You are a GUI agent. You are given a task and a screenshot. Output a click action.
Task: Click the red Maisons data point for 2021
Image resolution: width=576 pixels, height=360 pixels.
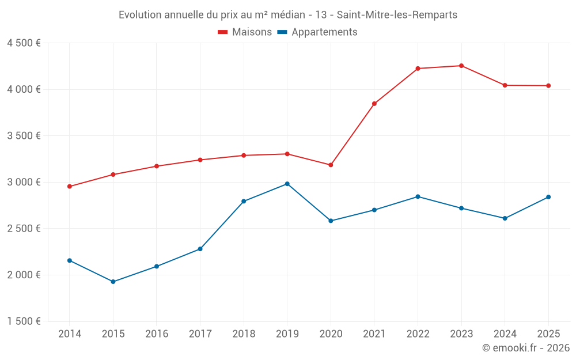coord(374,104)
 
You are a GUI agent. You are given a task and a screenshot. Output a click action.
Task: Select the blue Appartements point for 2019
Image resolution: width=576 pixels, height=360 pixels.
coord(287,184)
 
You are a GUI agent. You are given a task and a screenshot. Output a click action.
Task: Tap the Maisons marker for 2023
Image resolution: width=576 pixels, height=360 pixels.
coord(461,66)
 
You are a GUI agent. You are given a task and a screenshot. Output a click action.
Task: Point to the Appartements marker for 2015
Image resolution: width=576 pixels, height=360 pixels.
coord(113,282)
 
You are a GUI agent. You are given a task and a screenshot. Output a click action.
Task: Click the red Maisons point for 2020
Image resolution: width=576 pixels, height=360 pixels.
coord(331,165)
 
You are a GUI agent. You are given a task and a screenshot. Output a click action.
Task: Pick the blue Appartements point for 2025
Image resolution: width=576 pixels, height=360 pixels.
coord(548,197)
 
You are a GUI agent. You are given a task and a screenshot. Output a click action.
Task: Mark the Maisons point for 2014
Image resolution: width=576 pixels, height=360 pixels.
coord(70,187)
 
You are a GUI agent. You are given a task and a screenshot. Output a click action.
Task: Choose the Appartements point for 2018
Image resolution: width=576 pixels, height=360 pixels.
coord(244,201)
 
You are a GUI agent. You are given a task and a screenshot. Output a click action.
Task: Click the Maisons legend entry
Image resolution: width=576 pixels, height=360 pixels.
coord(245,32)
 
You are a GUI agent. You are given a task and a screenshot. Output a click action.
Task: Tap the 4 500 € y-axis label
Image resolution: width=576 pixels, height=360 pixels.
coord(24,43)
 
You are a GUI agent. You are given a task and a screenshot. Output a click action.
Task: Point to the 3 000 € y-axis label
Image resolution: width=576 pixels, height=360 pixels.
coord(24,182)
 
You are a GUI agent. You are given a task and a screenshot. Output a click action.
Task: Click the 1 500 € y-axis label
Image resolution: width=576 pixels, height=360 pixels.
coord(24,321)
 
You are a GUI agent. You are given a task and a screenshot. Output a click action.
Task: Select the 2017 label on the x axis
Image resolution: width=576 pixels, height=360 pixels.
coord(200,334)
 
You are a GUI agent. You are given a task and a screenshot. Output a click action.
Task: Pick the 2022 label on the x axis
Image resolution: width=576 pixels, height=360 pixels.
coord(418,334)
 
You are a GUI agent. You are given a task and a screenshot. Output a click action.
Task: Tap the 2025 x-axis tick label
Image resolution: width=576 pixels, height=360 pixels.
coord(548,334)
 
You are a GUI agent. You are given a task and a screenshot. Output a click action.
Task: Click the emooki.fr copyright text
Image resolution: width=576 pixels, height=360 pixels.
coord(526,348)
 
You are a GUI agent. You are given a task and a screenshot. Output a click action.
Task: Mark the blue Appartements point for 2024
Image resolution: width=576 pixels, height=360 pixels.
coord(505,218)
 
